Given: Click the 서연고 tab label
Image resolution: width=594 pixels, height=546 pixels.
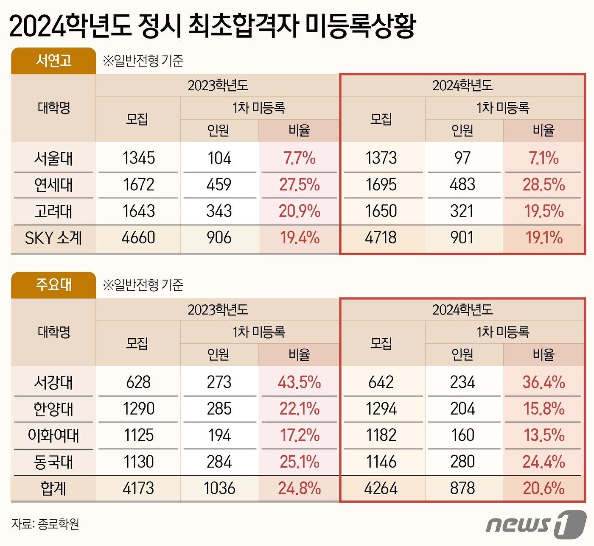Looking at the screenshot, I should click(53, 61).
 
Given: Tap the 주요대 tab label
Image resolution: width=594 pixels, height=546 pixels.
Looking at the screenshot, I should click(53, 284).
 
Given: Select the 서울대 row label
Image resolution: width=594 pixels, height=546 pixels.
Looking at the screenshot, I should click(53, 159).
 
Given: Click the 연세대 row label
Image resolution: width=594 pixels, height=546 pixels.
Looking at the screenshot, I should click(53, 185).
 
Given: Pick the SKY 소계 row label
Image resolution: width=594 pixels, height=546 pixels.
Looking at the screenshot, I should click(53, 238).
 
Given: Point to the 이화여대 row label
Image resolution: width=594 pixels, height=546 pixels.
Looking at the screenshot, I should click(53, 435).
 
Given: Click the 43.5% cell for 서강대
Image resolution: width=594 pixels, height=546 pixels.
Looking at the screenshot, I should click(299, 382).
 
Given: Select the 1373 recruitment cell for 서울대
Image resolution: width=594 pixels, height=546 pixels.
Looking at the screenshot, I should click(381, 158).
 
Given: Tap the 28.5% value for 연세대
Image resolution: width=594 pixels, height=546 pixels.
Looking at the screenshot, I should click(544, 185).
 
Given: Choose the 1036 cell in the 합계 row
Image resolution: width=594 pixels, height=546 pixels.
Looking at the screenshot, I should click(219, 488).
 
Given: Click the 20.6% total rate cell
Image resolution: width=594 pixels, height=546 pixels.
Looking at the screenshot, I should click(544, 488).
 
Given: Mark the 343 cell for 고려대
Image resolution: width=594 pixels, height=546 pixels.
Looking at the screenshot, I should click(219, 211).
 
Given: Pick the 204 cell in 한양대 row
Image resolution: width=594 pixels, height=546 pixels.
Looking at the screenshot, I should click(462, 409).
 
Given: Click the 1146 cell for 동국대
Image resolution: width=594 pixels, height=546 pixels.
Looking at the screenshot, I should click(381, 462).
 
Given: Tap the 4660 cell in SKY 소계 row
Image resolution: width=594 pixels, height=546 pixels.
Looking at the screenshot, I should click(138, 238).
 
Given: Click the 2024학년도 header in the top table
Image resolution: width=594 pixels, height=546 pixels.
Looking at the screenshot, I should click(462, 86).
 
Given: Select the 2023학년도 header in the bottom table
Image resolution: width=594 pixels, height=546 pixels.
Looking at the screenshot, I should click(218, 310).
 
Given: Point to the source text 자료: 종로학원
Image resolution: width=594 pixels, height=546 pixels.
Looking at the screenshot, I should click(45, 524).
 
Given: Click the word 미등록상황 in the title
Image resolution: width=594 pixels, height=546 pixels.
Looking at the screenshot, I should click(360, 25).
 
